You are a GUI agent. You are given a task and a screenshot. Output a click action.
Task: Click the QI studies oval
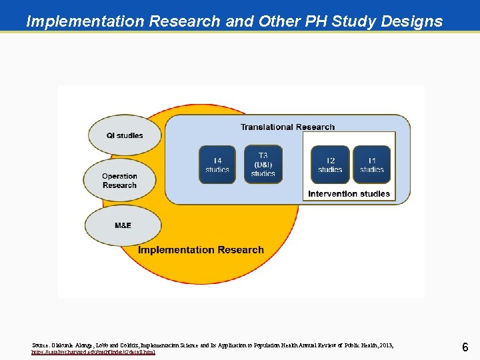pyautogui.click(x=125, y=135)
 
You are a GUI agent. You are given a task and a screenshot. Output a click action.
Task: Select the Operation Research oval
pyautogui.click(x=120, y=181)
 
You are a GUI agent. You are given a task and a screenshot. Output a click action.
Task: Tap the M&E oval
pyautogui.click(x=123, y=225)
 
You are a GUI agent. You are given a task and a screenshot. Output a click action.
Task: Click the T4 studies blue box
pyautogui.click(x=217, y=165)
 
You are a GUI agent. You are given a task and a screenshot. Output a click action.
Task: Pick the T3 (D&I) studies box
pyautogui.click(x=263, y=165)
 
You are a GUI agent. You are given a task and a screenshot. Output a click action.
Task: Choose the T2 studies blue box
pyautogui.click(x=330, y=165)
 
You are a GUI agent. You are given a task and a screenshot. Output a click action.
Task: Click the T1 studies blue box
pyautogui.click(x=371, y=165)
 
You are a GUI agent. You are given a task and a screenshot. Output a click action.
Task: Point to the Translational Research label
pyautogui.click(x=287, y=127)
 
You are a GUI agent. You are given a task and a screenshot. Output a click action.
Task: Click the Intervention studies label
pyautogui.click(x=349, y=194)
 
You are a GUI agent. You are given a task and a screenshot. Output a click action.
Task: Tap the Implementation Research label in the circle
pyautogui.click(x=201, y=250)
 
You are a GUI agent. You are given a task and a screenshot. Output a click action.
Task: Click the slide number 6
pyautogui.click(x=465, y=347)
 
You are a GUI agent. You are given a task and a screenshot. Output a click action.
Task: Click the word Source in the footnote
pyautogui.click(x=41, y=345)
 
